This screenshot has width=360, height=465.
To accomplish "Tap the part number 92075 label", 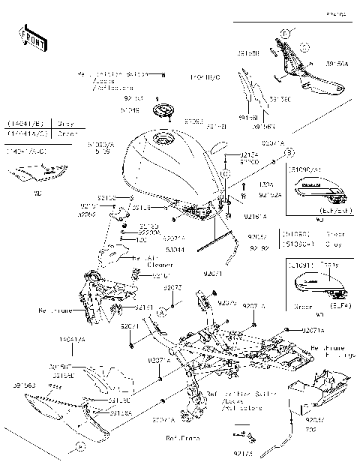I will (x=229, y=304).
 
